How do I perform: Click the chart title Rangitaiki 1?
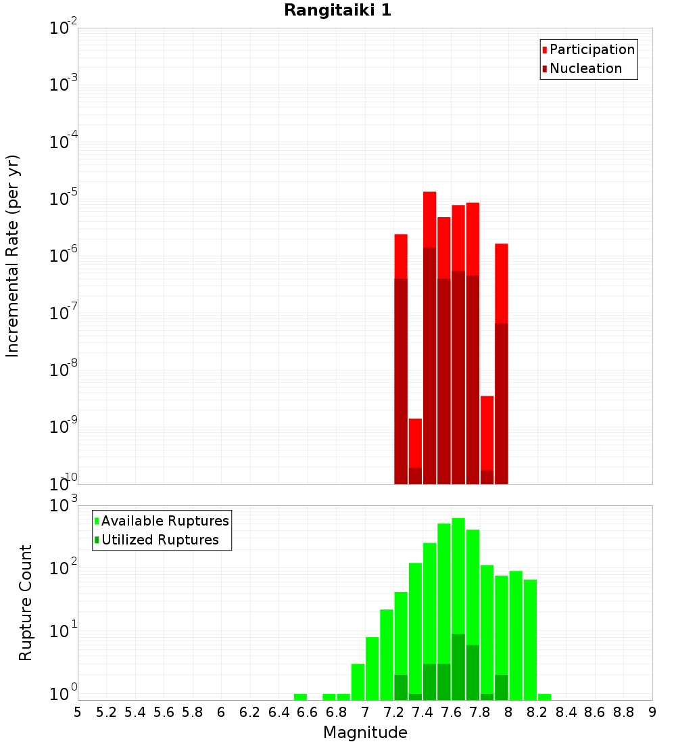[x=337, y=10]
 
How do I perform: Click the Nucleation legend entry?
[x=585, y=69]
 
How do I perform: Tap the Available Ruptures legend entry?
[x=165, y=521]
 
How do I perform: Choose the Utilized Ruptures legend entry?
[x=160, y=540]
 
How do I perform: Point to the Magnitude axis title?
[x=365, y=733]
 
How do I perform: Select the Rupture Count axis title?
[x=26, y=602]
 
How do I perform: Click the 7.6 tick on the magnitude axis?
[x=451, y=712]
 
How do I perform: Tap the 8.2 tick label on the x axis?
[x=537, y=712]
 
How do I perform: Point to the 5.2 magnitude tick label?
[x=106, y=712]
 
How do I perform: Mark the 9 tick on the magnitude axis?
[x=652, y=712]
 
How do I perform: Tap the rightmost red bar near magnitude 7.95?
[x=501, y=284]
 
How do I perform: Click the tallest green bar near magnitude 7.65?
[x=458, y=575]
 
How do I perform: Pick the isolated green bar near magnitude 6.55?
[x=300, y=697]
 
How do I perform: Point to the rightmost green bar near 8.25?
[x=544, y=697]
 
